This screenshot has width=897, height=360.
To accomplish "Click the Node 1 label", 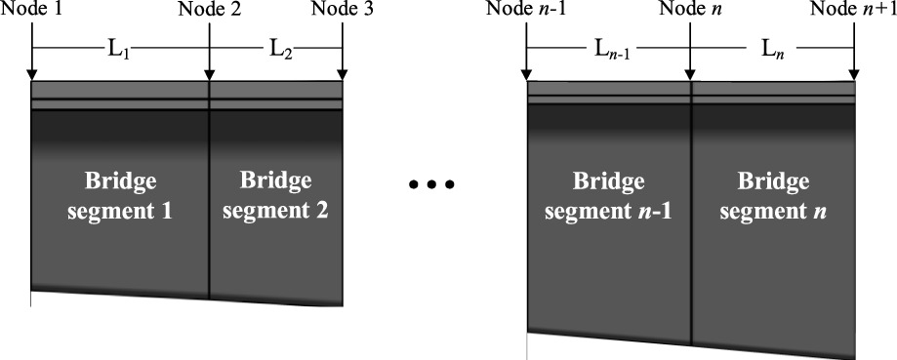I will (31, 10).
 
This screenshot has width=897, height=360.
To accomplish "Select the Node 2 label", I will (209, 10).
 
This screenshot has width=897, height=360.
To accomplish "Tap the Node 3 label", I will (343, 10).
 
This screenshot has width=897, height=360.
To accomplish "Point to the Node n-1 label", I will (528, 10).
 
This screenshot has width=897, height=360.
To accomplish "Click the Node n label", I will (691, 10).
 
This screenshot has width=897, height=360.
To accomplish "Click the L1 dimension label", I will (118, 49).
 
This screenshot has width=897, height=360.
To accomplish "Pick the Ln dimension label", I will (774, 49).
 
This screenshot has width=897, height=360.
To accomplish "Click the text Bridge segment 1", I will (119, 196).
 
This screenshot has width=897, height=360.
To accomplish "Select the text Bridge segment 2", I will (275, 195).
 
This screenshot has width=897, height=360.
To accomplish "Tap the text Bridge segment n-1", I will (609, 196).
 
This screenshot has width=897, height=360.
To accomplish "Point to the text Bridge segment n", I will (774, 196).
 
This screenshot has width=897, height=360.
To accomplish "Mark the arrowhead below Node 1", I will (31, 75).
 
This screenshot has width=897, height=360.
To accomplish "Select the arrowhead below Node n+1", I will (855, 75).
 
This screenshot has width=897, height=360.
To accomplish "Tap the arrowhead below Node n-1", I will (527, 75).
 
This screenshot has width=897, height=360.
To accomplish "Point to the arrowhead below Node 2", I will (209, 75).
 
